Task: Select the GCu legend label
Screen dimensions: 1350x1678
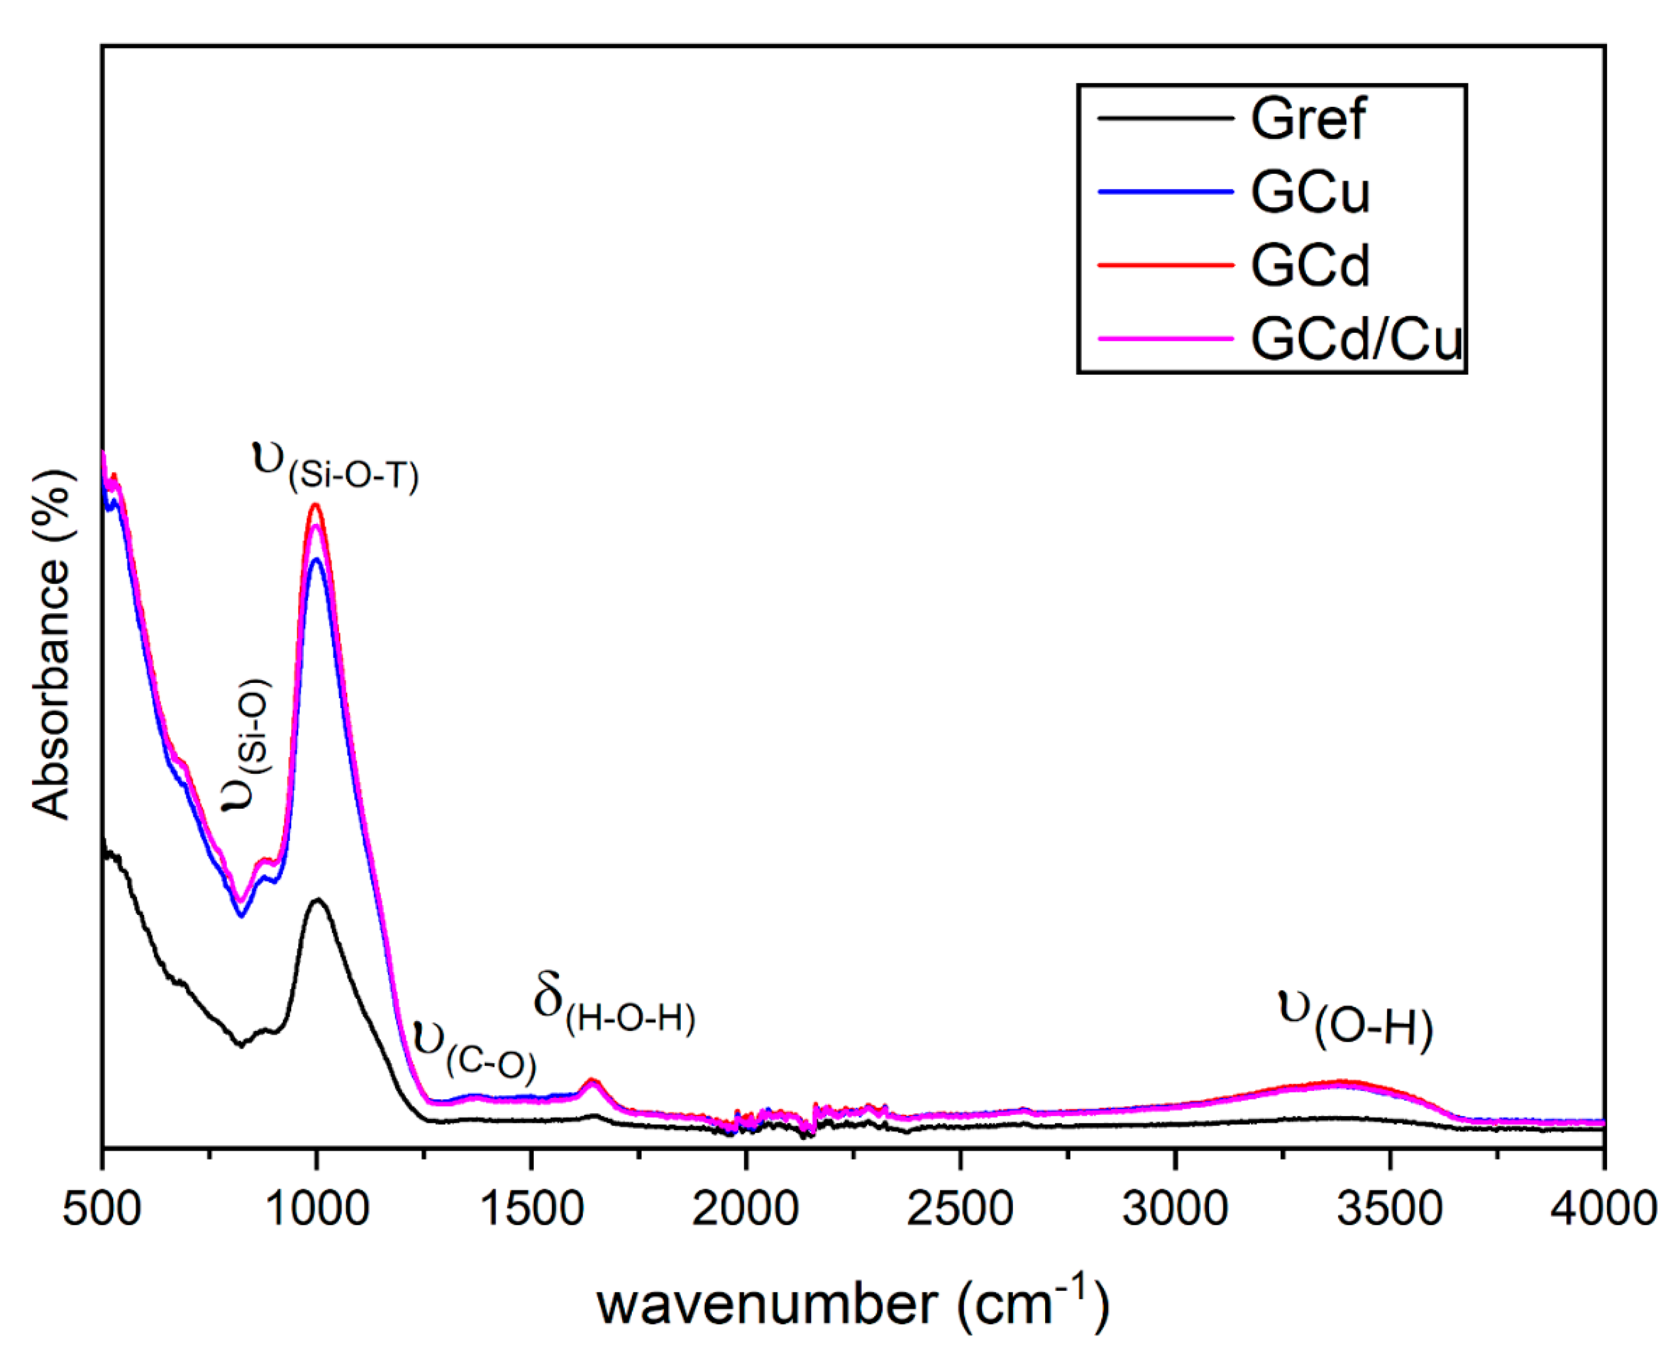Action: point(1310,192)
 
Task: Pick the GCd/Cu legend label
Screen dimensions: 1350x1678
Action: point(1357,339)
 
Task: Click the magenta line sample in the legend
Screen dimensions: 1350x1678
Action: point(1165,339)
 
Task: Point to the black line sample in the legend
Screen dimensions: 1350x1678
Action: point(1165,118)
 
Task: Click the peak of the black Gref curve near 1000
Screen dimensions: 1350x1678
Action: point(318,900)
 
